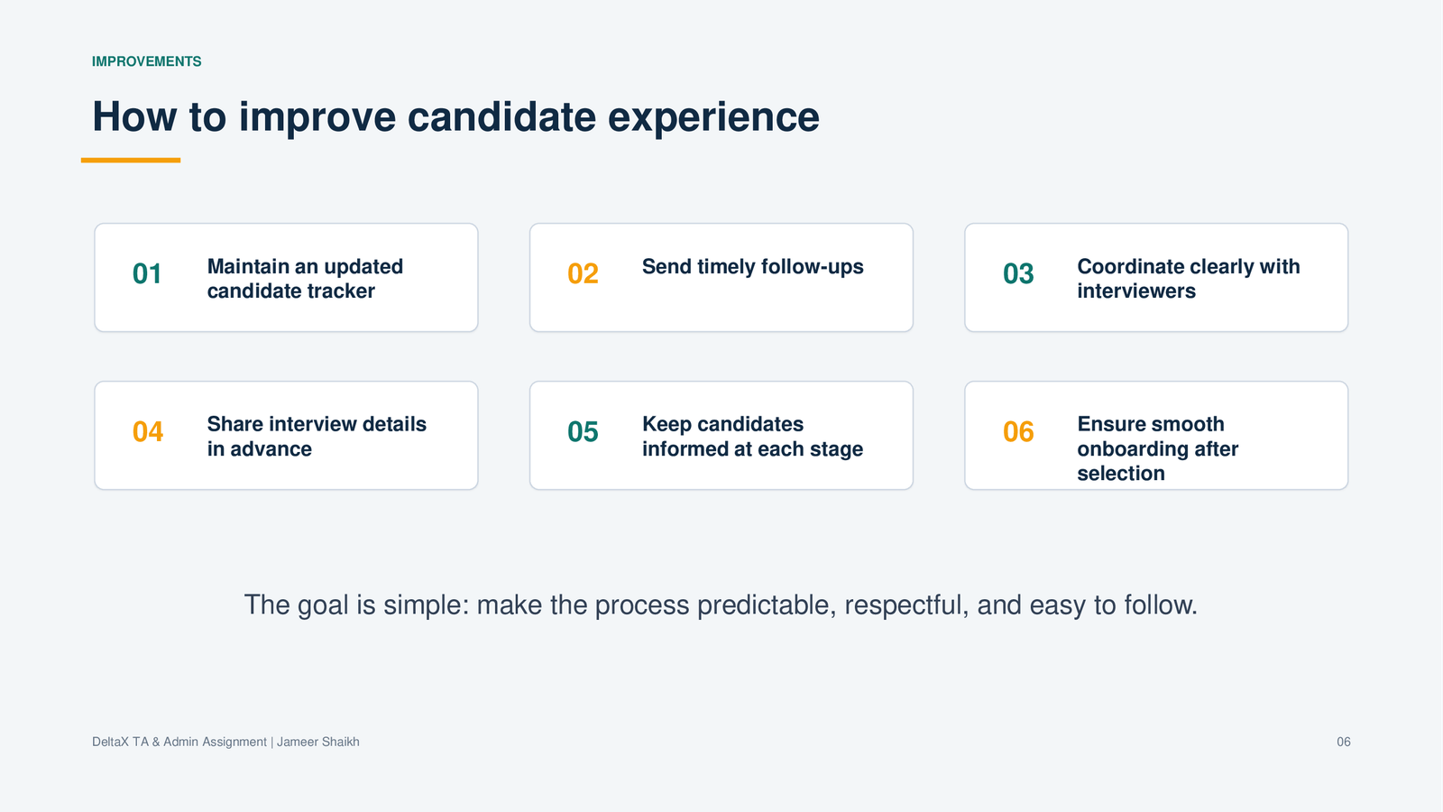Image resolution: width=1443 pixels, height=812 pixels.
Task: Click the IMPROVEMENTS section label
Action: tap(146, 61)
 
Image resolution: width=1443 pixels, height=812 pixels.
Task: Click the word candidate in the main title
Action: tap(501, 116)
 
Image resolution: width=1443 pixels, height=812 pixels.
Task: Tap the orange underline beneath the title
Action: tap(130, 160)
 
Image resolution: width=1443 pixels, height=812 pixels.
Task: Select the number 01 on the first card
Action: tap(147, 273)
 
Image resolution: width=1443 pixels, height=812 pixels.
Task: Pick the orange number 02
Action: tap(583, 273)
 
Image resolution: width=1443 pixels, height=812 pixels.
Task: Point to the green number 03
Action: tap(1018, 273)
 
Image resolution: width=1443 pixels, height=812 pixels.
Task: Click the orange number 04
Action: tap(148, 431)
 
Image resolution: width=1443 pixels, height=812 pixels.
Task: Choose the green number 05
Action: tap(583, 431)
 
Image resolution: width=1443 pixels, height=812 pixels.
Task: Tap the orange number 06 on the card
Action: tap(1018, 431)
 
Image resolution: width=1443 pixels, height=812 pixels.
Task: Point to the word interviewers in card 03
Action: tap(1136, 291)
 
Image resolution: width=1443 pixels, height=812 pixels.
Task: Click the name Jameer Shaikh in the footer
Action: tap(318, 742)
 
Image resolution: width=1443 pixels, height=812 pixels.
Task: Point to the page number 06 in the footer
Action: tap(1343, 742)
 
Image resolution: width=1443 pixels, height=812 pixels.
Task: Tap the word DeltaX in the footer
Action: tap(110, 742)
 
